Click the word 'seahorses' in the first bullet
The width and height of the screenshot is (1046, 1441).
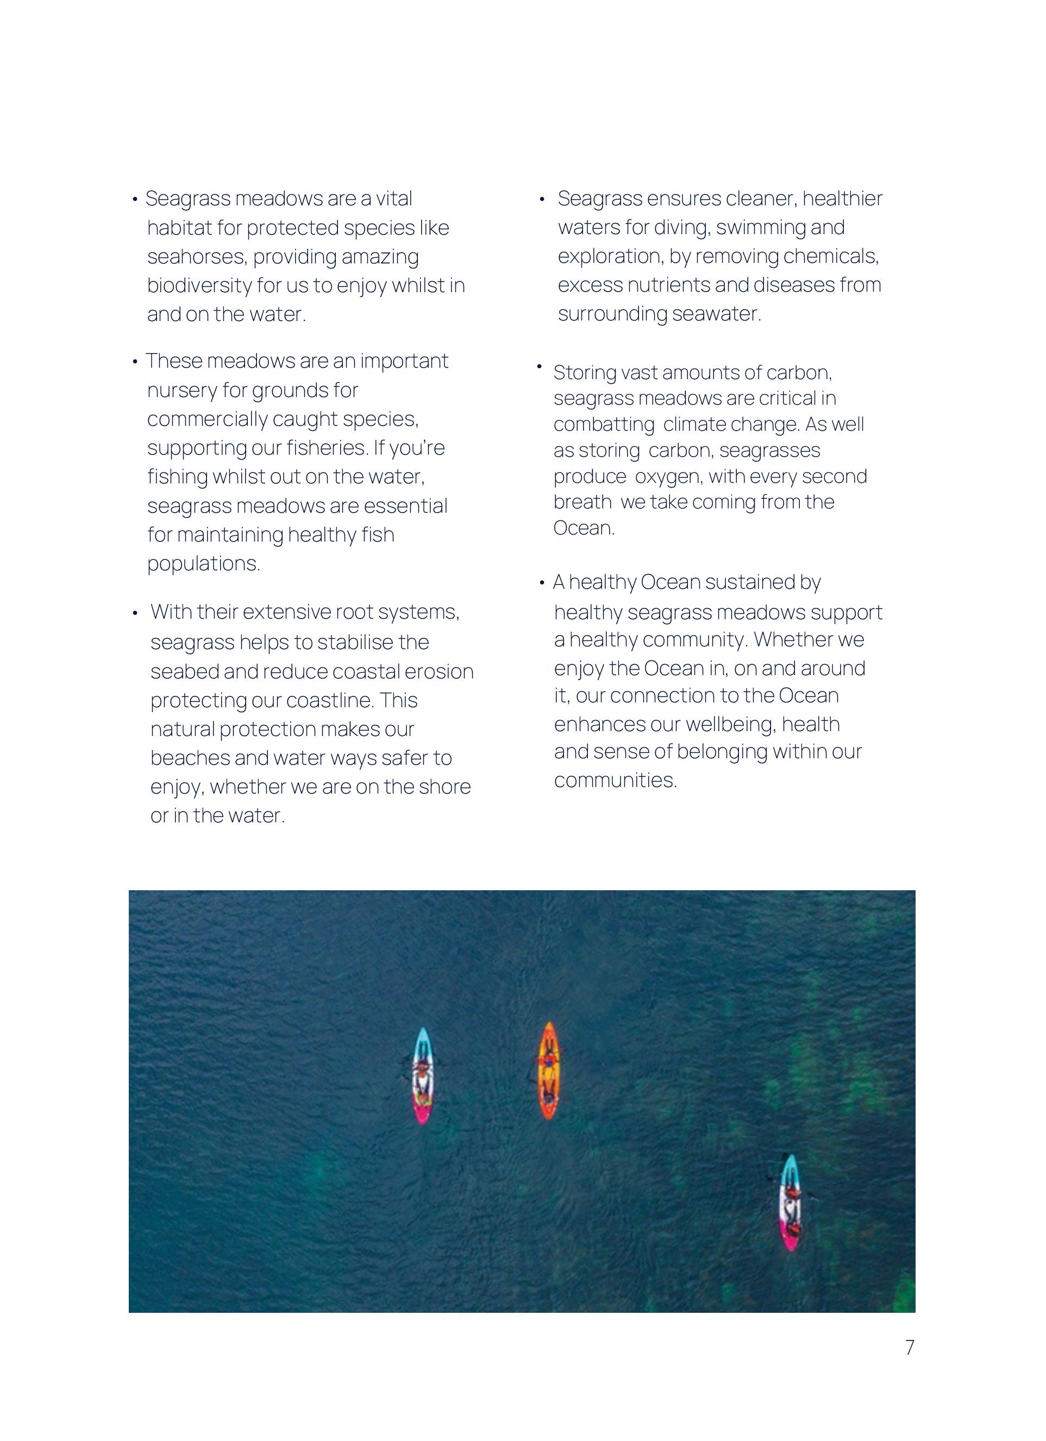coord(196,257)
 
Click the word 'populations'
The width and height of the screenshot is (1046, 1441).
coord(203,564)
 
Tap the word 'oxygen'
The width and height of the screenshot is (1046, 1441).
coord(667,476)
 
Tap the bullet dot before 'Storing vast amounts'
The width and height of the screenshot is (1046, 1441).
coord(539,367)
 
